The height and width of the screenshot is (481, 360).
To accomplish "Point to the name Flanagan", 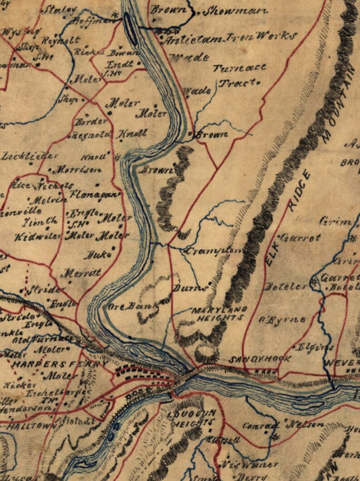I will pyautogui.click(x=95, y=195).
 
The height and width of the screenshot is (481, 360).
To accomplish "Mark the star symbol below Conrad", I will pyautogui.click(x=275, y=437).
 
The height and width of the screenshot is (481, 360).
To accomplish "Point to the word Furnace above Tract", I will pyautogui.click(x=239, y=69).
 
